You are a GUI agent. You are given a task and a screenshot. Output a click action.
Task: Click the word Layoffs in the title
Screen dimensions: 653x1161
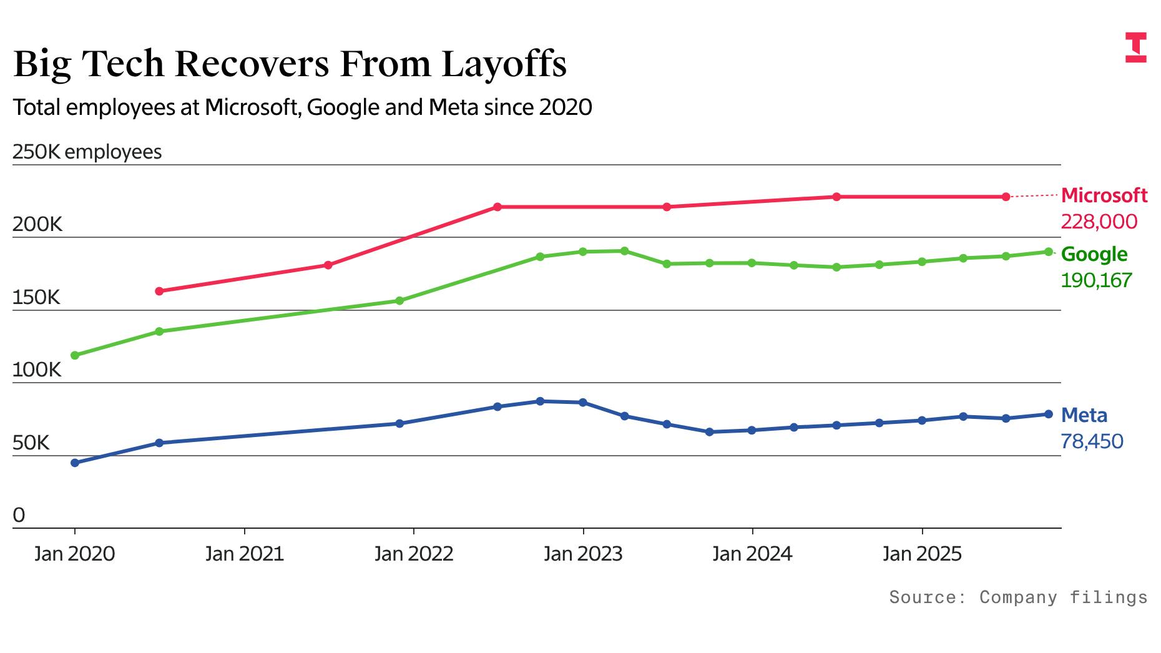[504, 64]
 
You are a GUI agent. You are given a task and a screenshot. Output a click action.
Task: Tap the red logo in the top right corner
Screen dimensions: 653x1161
[1135, 47]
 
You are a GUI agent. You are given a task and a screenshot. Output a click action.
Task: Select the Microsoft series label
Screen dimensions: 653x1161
[1104, 195]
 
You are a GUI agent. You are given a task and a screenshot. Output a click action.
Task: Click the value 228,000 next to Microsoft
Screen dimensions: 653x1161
[1099, 222]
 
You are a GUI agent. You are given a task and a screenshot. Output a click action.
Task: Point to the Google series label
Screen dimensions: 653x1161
[1094, 254]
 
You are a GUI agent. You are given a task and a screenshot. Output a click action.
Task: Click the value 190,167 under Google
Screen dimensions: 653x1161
[1095, 280]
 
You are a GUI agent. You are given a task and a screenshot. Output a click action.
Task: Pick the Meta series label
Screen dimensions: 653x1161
[1084, 415]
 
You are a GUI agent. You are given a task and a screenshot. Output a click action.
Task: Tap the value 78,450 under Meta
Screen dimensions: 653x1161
[1091, 441]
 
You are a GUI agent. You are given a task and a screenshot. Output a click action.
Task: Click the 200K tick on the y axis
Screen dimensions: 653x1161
[37, 225]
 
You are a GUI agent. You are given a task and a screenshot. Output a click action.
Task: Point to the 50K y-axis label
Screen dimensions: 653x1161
[31, 443]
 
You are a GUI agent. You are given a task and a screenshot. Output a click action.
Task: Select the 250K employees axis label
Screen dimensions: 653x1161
[87, 152]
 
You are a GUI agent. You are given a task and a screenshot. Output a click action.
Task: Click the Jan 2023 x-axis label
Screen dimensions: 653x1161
[583, 554]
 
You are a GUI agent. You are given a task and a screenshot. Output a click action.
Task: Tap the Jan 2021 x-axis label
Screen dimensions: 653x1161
[244, 554]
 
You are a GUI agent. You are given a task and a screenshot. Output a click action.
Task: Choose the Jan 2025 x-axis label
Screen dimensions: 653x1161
[922, 554]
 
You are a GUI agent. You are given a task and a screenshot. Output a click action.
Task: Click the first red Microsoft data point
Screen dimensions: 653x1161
[159, 291]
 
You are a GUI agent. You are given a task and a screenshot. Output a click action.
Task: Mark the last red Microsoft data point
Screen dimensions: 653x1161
[1006, 197]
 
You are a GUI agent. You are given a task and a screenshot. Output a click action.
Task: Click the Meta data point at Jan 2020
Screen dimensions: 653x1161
[75, 463]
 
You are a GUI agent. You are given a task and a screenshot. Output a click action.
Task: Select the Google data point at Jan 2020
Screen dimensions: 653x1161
[75, 355]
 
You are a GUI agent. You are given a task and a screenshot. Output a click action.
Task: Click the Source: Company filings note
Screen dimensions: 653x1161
[1018, 597]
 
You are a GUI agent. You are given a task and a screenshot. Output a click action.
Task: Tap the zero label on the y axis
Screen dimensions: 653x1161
[19, 516]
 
